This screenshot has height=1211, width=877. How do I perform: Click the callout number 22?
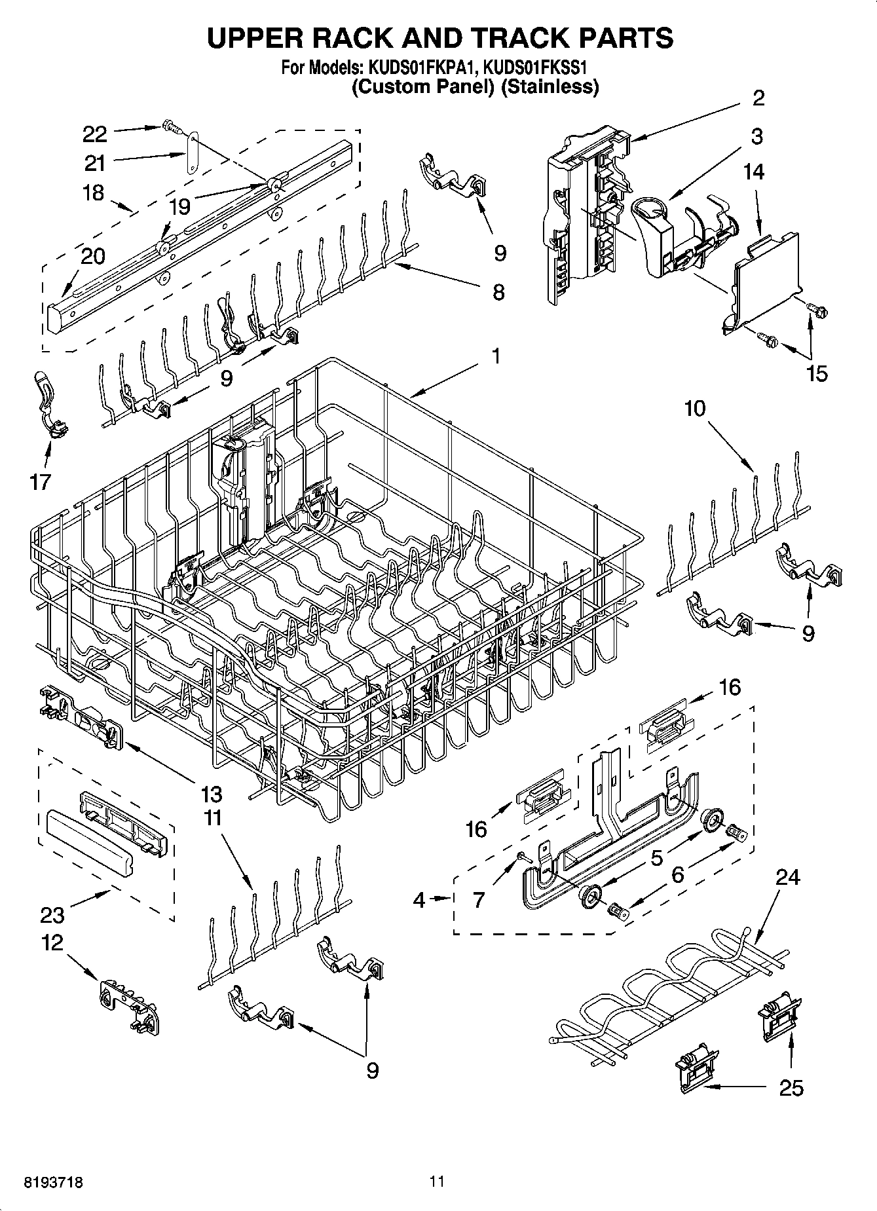point(94,134)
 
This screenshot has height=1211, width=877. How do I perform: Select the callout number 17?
point(40,482)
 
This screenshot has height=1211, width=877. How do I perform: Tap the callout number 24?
point(787,876)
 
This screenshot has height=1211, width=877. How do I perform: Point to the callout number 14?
point(753,172)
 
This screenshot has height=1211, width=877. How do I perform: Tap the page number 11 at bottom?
point(437,1182)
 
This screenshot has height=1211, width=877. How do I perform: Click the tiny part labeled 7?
point(521,855)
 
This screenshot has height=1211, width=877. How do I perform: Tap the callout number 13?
point(212,794)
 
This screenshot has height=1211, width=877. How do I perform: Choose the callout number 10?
point(695,409)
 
